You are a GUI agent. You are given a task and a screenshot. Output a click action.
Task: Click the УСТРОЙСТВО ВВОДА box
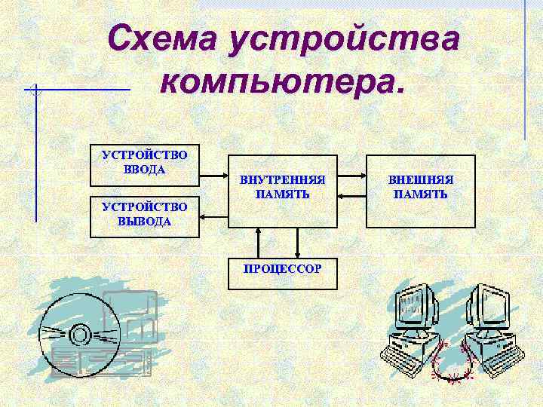click(x=144, y=164)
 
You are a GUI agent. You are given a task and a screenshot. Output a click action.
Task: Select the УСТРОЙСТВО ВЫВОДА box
click(x=144, y=216)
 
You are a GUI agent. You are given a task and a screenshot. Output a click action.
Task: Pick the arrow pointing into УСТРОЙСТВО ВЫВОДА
click(x=213, y=216)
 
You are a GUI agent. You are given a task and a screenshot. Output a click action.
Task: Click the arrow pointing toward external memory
click(x=351, y=178)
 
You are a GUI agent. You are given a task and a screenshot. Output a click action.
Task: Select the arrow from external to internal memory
click(x=351, y=196)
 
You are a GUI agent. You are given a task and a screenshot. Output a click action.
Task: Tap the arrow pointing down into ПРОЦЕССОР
click(x=299, y=242)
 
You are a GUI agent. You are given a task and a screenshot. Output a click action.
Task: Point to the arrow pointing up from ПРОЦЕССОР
click(x=259, y=242)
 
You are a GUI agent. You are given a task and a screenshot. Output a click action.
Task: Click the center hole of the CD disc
click(x=80, y=333)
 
